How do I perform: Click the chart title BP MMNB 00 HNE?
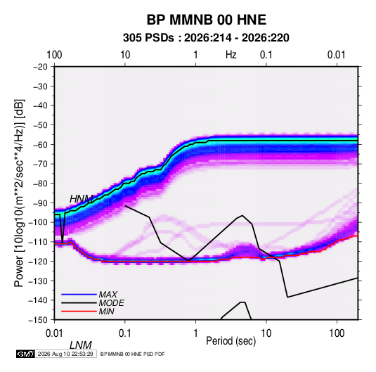click(206, 20)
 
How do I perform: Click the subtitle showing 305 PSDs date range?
click(206, 38)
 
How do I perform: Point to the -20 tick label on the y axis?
click(40, 67)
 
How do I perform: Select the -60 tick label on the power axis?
click(40, 144)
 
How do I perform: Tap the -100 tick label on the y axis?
click(38, 222)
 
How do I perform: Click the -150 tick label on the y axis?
click(38, 320)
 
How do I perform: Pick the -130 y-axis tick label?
click(38, 281)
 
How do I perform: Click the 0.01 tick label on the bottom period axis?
click(54, 333)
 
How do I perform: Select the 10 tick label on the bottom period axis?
click(266, 333)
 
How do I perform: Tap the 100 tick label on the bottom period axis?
click(337, 333)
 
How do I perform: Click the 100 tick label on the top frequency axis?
click(54, 55)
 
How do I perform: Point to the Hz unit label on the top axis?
click(231, 55)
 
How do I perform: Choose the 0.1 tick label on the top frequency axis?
click(266, 55)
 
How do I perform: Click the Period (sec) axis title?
click(231, 341)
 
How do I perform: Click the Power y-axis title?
click(20, 193)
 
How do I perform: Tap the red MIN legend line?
click(79, 312)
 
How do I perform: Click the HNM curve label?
click(81, 199)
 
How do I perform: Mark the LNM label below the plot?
click(81, 345)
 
